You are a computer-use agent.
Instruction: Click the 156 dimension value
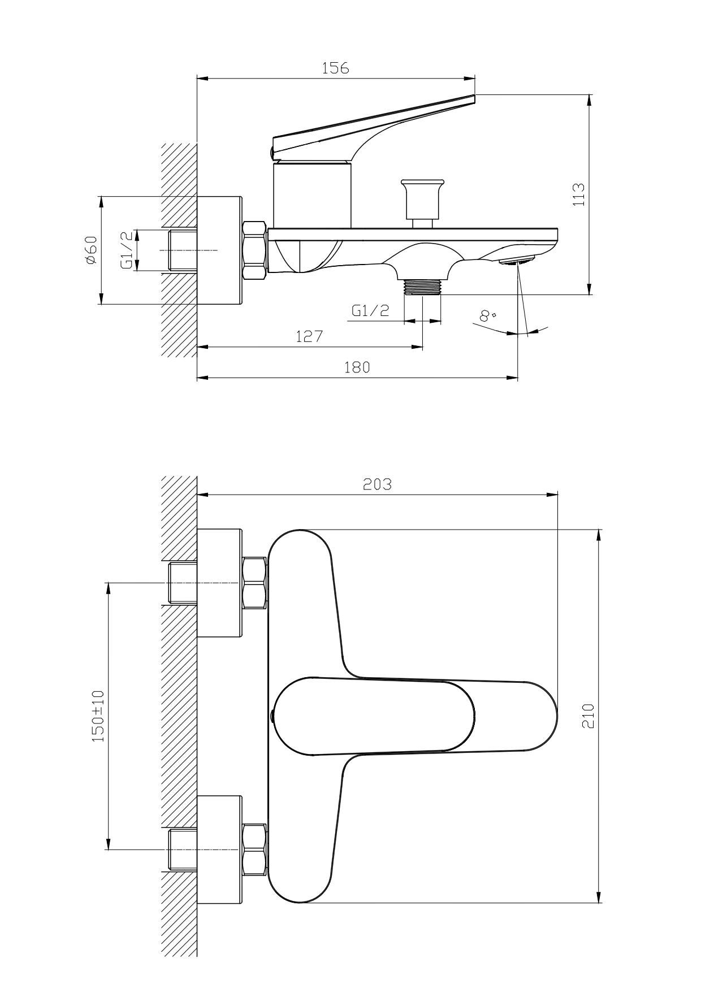[x=336, y=68]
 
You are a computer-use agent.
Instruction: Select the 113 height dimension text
[x=578, y=194]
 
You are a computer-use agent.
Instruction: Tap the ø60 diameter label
[x=90, y=250]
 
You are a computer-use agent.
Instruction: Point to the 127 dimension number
[x=309, y=337]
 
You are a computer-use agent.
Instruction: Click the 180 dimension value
[x=357, y=367]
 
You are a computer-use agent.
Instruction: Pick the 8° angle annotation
[x=487, y=315]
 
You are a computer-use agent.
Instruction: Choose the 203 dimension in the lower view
[x=377, y=484]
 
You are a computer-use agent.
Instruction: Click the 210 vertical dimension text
[x=588, y=716]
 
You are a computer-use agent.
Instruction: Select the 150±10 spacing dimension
[x=98, y=716]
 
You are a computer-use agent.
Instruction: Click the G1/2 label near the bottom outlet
[x=370, y=310]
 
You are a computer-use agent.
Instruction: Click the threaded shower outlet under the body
[x=423, y=287]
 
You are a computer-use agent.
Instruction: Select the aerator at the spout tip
[x=517, y=261]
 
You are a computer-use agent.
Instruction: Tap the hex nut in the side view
[x=254, y=250]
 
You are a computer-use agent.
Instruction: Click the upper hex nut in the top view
[x=254, y=583]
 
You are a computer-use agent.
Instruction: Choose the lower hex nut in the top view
[x=254, y=850]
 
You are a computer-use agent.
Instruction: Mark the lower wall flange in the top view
[x=220, y=850]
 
